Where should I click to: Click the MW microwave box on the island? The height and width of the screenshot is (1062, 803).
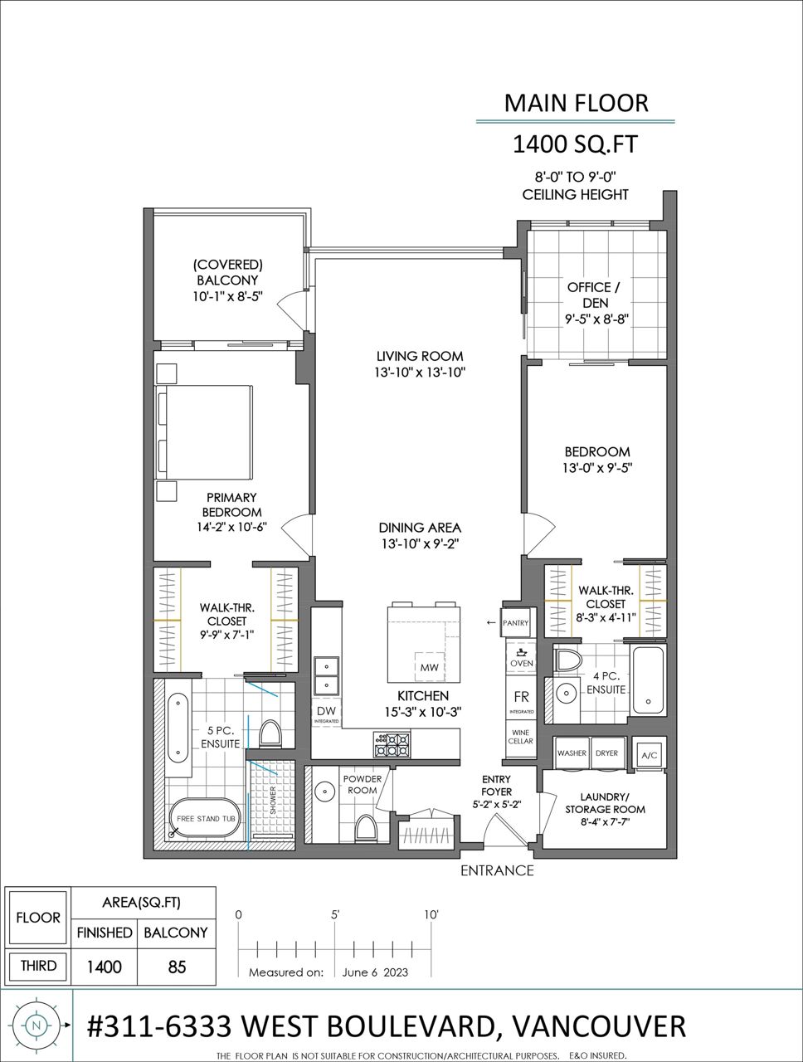coord(429,667)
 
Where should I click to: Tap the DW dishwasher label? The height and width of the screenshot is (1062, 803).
coord(326,711)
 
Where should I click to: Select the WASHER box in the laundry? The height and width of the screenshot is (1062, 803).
coord(572,753)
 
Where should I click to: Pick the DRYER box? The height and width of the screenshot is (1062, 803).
coord(607,753)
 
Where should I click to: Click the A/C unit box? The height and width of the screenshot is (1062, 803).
coord(650,755)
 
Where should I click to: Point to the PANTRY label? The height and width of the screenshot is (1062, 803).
coord(515,623)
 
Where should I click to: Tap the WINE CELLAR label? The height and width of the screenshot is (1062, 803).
coord(520,737)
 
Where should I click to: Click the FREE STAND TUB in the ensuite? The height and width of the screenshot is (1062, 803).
coord(206,818)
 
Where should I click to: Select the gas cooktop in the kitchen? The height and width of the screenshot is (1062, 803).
coord(392,744)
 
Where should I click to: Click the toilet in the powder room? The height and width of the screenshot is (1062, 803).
coord(365,829)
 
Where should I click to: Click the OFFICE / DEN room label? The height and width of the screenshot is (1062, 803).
coord(594,295)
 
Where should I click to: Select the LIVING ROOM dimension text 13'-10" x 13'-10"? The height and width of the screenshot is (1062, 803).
coord(420,372)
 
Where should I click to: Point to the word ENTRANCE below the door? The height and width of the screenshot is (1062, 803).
coord(497,870)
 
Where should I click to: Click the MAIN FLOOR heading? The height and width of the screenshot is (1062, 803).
coord(577,103)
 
